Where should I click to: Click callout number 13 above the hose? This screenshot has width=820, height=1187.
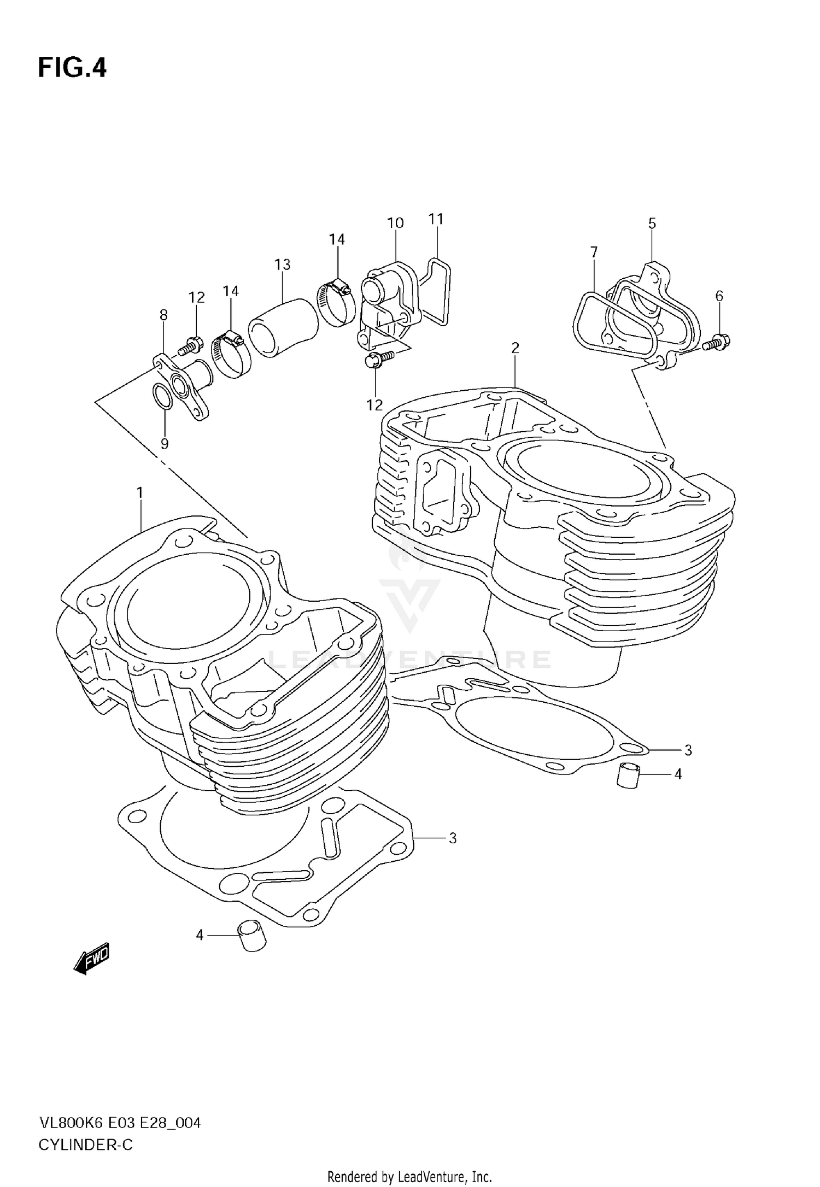click(x=282, y=265)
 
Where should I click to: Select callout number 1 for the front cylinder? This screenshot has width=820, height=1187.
click(x=140, y=493)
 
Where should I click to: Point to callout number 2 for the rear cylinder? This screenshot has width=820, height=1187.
click(x=514, y=348)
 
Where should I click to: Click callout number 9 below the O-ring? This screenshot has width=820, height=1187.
click(x=165, y=443)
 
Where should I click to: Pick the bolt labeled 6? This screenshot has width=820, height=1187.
click(x=716, y=342)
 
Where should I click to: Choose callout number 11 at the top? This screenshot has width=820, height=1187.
click(x=436, y=219)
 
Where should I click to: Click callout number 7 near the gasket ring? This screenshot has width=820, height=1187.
click(x=594, y=252)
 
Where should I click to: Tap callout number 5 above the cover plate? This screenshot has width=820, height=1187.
click(x=652, y=224)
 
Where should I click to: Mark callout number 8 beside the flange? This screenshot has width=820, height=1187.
click(x=163, y=315)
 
